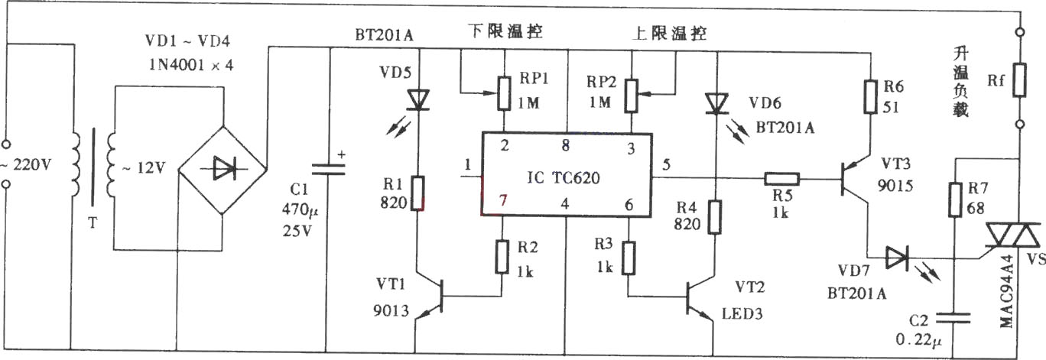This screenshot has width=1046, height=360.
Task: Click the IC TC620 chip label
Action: [564, 178]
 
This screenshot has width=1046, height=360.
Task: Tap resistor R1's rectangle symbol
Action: [418, 193]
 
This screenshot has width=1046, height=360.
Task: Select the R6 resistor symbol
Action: [870, 96]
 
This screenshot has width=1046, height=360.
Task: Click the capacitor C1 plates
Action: [328, 170]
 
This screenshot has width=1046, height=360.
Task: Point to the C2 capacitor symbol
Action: [954, 318]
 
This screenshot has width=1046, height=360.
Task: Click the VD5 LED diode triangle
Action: [418, 100]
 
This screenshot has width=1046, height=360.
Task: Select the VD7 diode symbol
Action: [897, 258]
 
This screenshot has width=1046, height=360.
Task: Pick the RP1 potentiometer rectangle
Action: [503, 93]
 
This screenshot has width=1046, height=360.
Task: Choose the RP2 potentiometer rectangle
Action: [632, 96]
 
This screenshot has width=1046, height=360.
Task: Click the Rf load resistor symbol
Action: [1019, 79]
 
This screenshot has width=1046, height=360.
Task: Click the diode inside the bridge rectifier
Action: [223, 168]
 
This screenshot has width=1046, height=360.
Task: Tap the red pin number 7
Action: [502, 200]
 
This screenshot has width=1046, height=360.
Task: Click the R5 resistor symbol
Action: [781, 178]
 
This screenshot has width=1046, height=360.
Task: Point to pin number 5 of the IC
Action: [666, 164]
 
